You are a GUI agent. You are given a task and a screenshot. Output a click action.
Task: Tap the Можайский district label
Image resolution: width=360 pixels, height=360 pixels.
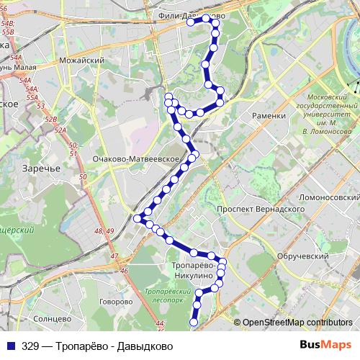point(79,61)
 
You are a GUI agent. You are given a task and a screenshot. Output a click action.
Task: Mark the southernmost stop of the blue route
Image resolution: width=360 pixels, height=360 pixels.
point(194,323)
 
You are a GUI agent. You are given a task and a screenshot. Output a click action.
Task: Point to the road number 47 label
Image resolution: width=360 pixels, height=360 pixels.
point(114,256)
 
